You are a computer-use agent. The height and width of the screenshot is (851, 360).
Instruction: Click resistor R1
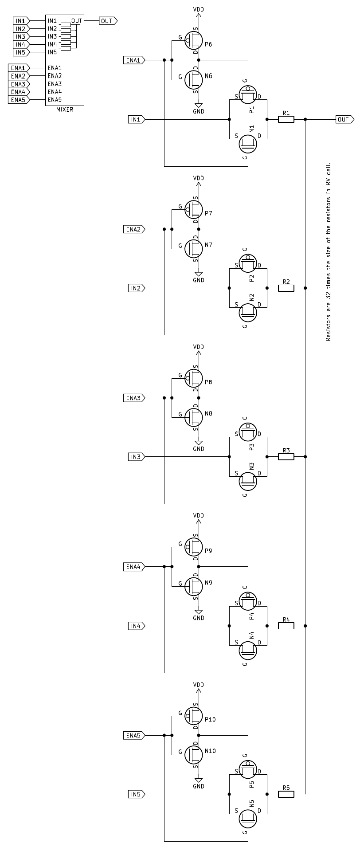point(286,119)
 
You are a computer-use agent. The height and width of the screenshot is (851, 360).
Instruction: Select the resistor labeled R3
point(286,457)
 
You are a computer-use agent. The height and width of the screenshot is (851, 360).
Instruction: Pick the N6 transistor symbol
point(193,79)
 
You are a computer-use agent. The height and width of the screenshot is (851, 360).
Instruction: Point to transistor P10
point(193,715)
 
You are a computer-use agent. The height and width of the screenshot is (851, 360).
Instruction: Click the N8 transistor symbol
point(193,417)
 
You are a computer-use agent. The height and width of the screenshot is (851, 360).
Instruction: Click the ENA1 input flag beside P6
point(133,60)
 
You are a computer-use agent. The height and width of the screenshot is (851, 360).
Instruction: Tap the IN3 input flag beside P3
point(136,457)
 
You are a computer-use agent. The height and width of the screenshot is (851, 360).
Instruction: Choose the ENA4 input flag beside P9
point(133,567)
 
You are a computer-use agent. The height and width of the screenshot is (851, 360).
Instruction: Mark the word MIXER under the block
point(65,110)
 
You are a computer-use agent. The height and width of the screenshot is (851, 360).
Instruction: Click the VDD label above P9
point(199,516)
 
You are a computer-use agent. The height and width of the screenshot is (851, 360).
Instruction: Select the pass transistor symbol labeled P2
point(248,263)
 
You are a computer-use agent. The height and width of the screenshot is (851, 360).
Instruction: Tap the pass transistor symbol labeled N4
point(248,650)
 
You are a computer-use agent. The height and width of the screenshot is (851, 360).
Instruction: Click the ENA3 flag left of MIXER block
point(19,84)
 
